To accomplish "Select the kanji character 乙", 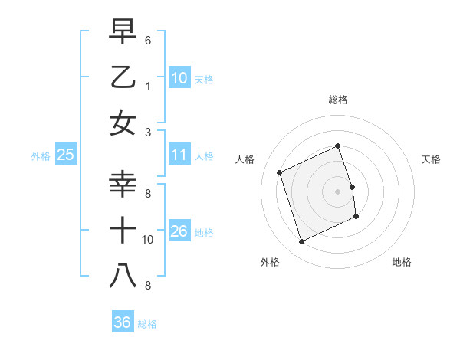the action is coord(123,77).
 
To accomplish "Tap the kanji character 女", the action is coord(123,123).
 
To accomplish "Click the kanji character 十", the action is coord(123,231).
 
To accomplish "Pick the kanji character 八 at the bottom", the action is coord(123,277).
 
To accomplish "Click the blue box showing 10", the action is coord(179,78).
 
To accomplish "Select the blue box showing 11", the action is coord(179,155).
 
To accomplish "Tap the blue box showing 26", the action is coord(179,231).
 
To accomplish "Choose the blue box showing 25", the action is coord(65,155).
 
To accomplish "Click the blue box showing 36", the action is coord(122,322).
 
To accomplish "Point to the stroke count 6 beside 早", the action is coord(148,39).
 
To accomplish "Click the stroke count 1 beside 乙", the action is coord(148,86).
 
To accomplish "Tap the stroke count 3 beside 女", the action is coord(148,132).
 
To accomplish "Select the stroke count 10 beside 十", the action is coord(148,240).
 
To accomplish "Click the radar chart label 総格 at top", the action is coord(337,100).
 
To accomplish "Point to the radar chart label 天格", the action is coord(432,159).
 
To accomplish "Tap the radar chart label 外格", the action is coord(270,262).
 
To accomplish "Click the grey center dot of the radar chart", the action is coord(337,191).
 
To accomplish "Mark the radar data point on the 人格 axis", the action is coord(280,172).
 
